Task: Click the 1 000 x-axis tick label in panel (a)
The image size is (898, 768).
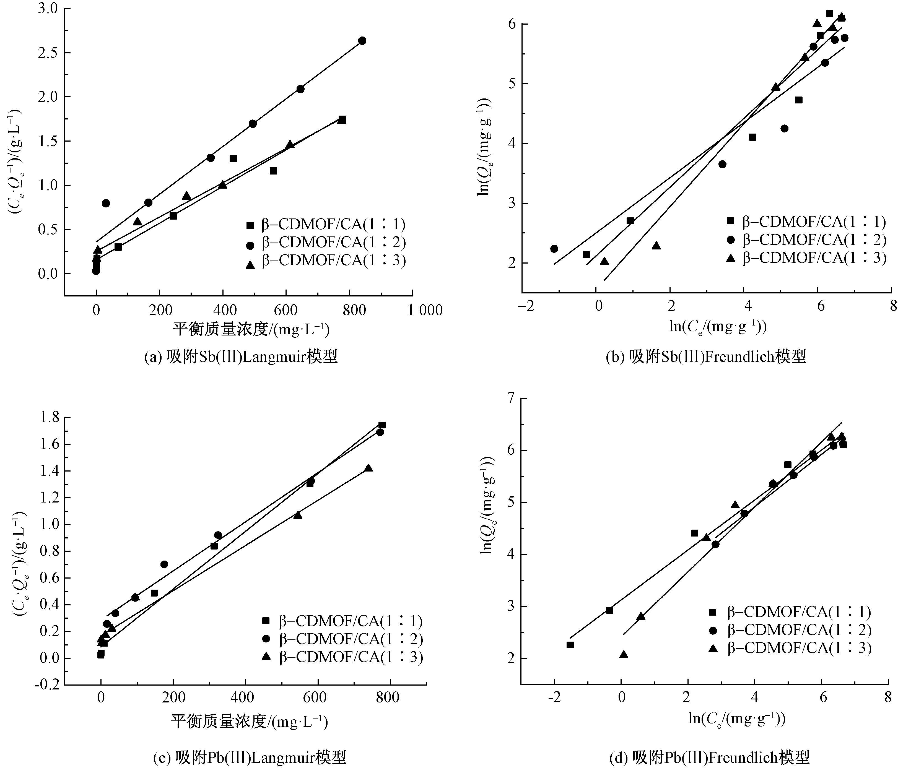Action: (x=425, y=310)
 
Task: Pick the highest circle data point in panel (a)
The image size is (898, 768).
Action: (x=362, y=41)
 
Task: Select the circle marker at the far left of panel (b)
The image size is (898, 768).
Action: (x=554, y=249)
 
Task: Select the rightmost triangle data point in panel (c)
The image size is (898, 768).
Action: (x=368, y=468)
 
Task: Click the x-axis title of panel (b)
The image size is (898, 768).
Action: (x=718, y=327)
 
